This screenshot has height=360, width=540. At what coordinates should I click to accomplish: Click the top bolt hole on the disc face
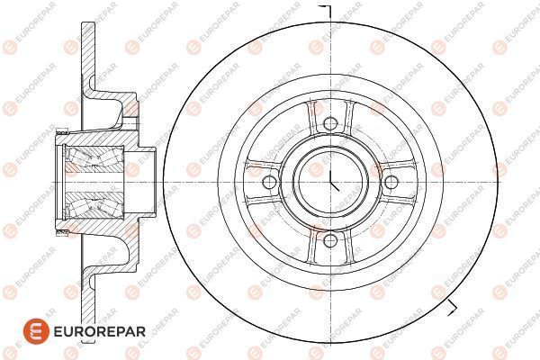coord(330,123)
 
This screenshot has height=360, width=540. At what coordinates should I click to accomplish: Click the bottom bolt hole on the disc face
coord(330,240)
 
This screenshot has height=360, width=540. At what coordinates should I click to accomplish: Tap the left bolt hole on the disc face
coord(269,182)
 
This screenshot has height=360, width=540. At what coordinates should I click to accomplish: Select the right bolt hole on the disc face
coord(391,182)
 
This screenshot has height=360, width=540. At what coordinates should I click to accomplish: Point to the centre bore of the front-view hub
coord(330,182)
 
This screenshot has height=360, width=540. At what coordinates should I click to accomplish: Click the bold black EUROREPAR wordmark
coord(100,332)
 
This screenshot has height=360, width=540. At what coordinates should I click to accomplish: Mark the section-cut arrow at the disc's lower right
coord(452,308)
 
